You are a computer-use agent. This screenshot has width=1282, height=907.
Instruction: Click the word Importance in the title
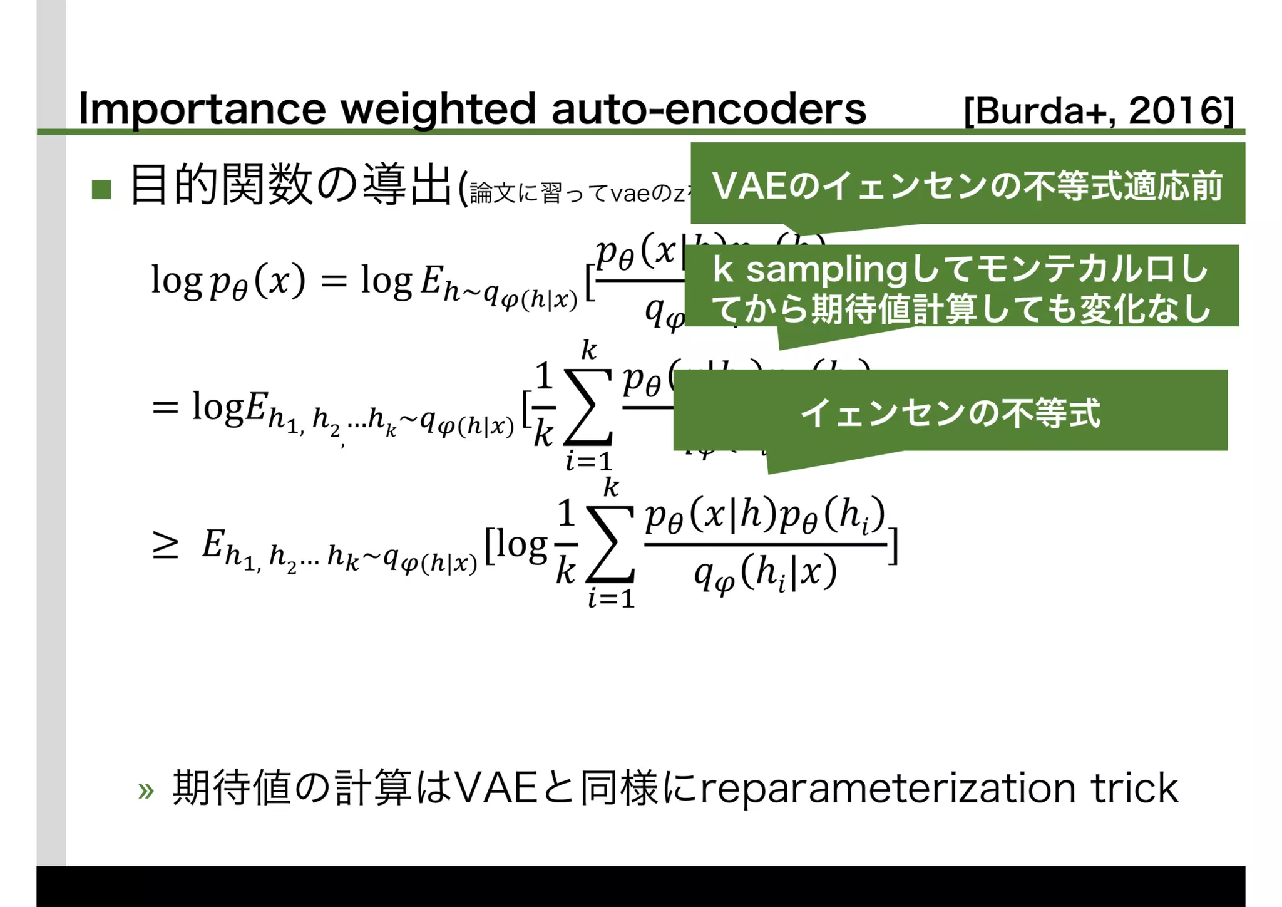tap(202, 109)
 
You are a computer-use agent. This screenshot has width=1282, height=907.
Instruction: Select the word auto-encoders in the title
tap(709, 109)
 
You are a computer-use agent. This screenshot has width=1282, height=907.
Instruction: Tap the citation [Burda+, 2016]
tap(1099, 111)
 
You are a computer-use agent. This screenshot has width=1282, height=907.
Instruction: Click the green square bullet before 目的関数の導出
tap(101, 189)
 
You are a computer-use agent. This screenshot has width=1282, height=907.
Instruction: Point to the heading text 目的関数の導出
tap(291, 185)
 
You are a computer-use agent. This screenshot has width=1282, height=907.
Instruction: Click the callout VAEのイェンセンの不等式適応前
tap(967, 185)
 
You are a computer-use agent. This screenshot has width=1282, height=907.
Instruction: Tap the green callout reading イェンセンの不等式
tap(950, 412)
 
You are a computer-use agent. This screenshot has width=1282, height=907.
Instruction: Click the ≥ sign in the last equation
tap(165, 546)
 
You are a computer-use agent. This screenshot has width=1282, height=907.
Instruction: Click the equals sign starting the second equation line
tap(165, 408)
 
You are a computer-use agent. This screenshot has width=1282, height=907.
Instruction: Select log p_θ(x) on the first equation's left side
tap(228, 281)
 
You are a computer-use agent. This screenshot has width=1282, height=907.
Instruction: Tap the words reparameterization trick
tap(939, 788)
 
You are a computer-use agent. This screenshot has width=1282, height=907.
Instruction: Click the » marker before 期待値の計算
tap(146, 790)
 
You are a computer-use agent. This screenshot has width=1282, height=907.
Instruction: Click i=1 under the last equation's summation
tap(611, 599)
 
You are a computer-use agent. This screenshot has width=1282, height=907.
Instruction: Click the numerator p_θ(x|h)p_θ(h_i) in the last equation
tap(765, 515)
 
